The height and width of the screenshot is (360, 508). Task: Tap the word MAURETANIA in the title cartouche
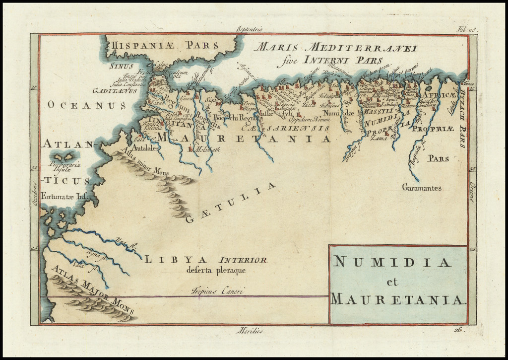click(397, 299)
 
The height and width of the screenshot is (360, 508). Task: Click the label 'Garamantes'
click(422, 187)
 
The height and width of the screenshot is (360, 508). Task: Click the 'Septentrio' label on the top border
click(252, 29)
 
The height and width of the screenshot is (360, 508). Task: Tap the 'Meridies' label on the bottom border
click(250, 330)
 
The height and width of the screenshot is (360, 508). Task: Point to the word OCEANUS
click(87, 105)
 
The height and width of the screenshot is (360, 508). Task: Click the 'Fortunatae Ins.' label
click(64, 196)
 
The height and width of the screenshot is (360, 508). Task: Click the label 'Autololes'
click(144, 148)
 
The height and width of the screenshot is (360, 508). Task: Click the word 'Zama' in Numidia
click(378, 138)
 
